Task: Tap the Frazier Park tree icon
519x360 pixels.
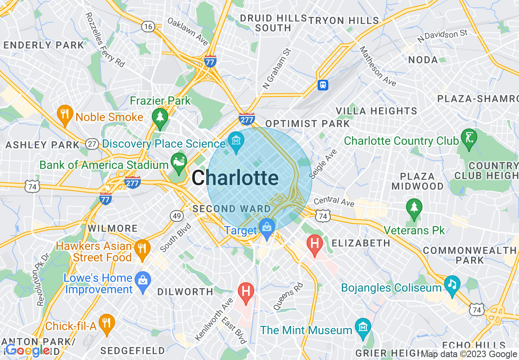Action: (160, 117)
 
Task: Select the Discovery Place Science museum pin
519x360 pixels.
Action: (236, 141)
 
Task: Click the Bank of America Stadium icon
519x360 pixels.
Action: (179, 161)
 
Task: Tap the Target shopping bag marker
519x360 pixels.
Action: (267, 227)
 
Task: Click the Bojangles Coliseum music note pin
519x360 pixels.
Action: (452, 284)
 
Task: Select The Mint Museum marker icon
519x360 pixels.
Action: (363, 327)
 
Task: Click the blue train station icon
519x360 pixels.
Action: (323, 85)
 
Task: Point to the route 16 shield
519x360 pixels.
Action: (148, 27)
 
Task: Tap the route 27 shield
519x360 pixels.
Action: (93, 144)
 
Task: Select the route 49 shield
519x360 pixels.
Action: (176, 216)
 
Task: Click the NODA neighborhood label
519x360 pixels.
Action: (423, 60)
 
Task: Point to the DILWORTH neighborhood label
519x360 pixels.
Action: (185, 292)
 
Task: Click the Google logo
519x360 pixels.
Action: (28, 350)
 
